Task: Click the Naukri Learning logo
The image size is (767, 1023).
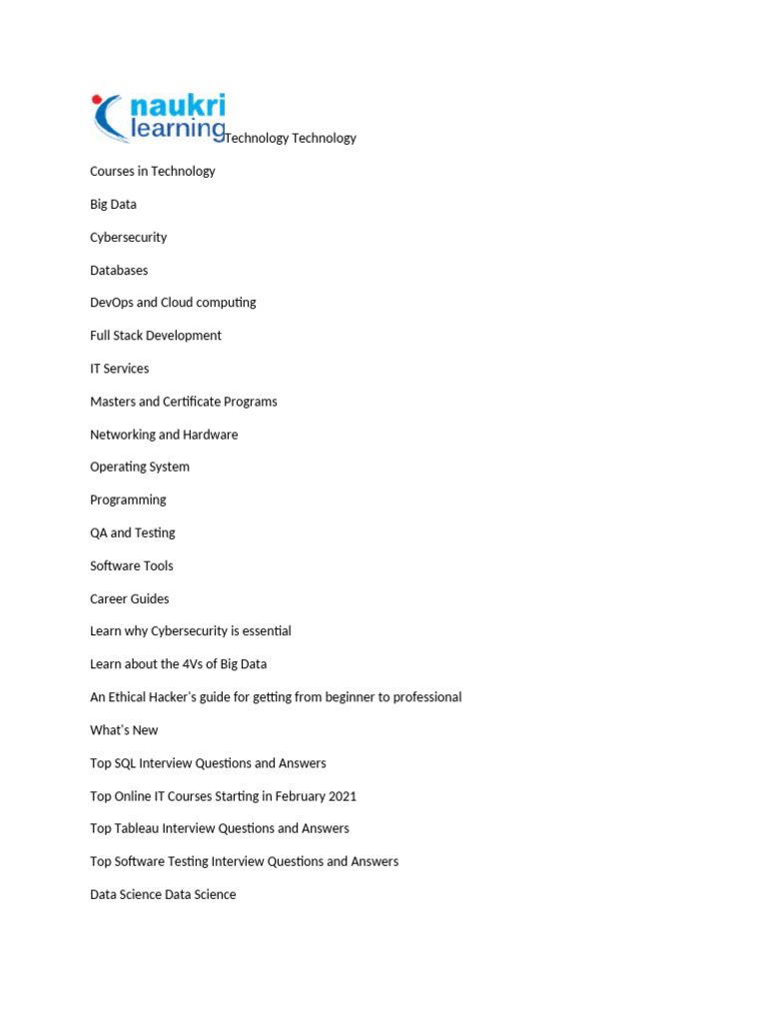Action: [x=159, y=118]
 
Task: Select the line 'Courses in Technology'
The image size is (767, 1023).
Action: [x=153, y=171]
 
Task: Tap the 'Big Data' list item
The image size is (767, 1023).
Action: [x=113, y=204]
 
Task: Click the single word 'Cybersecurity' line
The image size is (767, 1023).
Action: [x=129, y=237]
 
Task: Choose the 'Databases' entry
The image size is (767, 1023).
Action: [x=119, y=270]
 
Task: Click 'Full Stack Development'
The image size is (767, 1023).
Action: [x=156, y=336]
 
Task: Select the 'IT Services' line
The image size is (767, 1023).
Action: [x=119, y=369]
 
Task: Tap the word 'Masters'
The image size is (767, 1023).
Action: [x=112, y=402]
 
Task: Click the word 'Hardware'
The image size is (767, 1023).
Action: [x=210, y=435]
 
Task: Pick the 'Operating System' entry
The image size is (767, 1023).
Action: [x=140, y=467]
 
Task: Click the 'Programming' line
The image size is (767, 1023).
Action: [x=128, y=500]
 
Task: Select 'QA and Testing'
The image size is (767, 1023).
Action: [x=133, y=532]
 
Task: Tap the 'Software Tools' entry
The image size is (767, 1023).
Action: [x=132, y=565]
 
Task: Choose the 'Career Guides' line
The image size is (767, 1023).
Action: [x=130, y=598]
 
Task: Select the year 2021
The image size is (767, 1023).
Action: [x=340, y=796]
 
